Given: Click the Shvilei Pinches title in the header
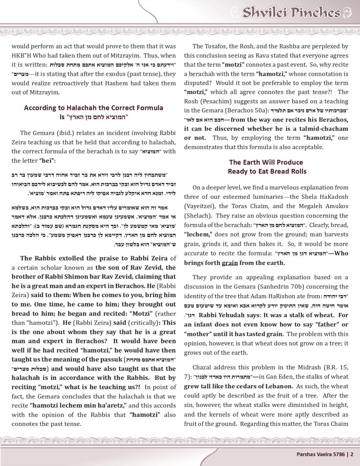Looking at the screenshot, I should (291, 13).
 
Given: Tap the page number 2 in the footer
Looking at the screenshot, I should (352, 454).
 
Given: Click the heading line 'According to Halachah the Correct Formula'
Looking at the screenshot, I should (94, 108).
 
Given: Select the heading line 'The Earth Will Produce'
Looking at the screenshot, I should (266, 162).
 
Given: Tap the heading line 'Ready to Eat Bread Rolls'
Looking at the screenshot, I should (267, 171).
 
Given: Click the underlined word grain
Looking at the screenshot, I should (230, 263).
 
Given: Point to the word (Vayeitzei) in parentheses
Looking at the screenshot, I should (202, 207).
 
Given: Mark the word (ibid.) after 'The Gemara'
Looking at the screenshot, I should (57, 133).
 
